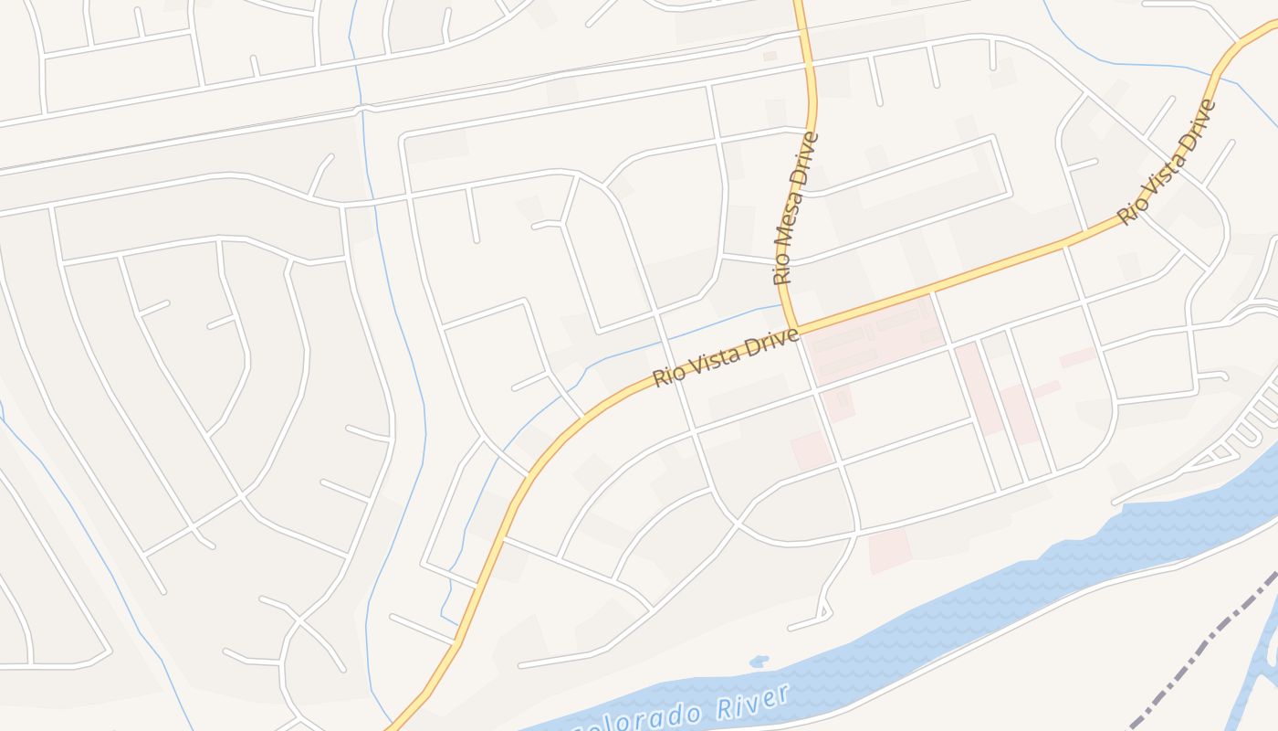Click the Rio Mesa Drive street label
(795, 208)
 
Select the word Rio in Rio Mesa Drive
(782, 270)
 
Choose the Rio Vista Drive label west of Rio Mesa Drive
(727, 357)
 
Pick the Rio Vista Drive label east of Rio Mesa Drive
(1168, 162)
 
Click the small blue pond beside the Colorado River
(757, 661)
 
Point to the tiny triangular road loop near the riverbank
(825, 609)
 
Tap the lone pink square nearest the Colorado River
(889, 551)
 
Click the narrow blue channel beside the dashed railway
(1264, 658)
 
